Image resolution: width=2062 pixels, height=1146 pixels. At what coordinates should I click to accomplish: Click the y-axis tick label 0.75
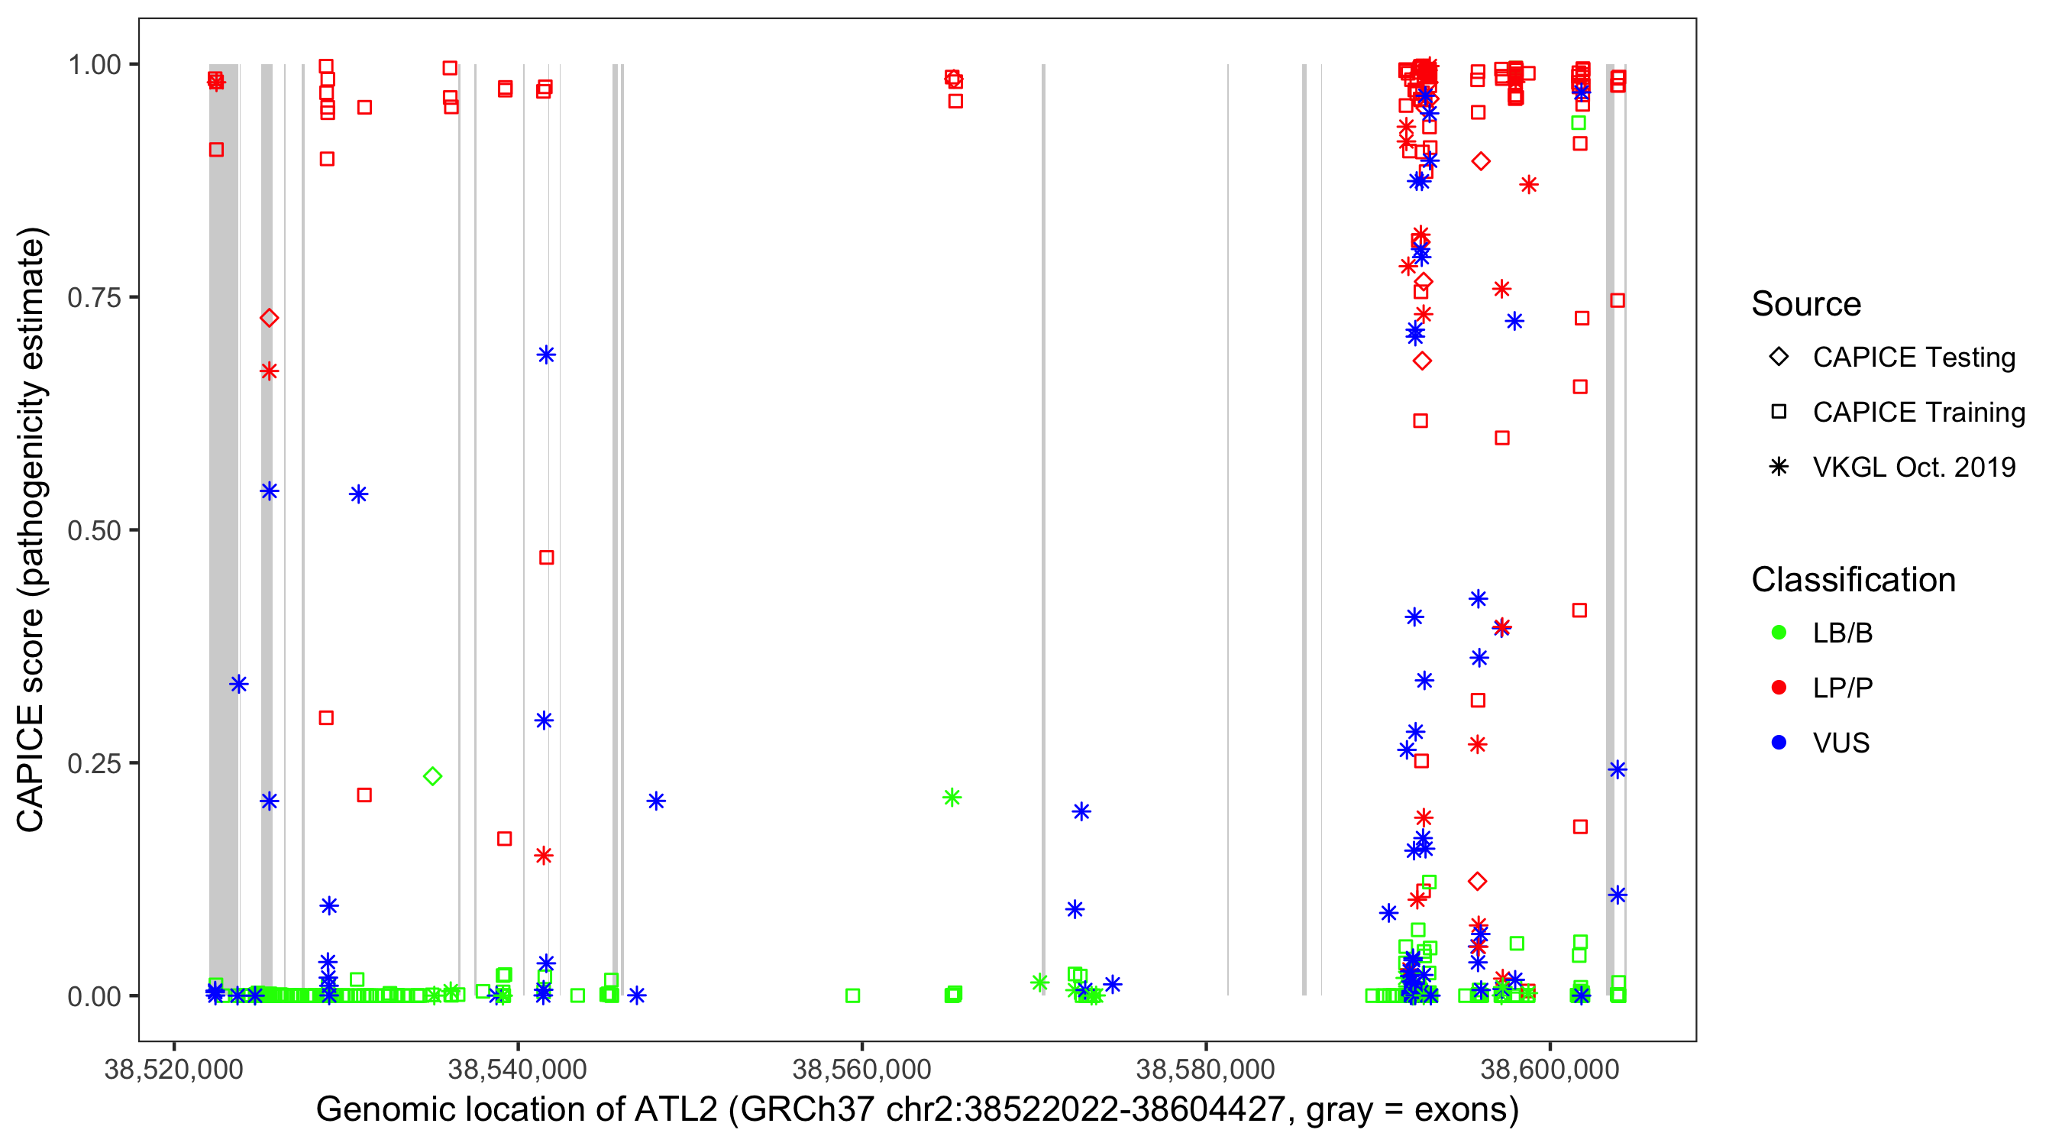[x=93, y=298]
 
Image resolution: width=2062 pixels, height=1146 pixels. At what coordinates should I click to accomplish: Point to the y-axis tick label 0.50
[x=93, y=531]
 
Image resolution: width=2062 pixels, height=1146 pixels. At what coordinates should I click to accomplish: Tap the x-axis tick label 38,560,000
[x=861, y=1068]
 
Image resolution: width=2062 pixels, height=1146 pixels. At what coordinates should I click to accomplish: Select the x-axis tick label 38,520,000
[x=173, y=1068]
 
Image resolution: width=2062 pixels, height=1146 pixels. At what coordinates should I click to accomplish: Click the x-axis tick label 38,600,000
[x=1550, y=1068]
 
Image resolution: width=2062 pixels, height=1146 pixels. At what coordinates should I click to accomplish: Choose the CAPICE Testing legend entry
[x=1913, y=358]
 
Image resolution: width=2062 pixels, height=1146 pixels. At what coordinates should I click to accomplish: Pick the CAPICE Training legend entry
[x=1918, y=413]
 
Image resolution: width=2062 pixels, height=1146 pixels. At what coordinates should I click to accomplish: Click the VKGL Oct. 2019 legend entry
[x=1913, y=468]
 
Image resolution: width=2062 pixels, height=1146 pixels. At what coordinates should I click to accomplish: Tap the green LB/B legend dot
[x=1779, y=633]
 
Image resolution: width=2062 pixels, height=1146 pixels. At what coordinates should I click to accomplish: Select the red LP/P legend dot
[x=1779, y=688]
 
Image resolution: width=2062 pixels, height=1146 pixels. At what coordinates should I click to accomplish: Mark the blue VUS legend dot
[x=1779, y=743]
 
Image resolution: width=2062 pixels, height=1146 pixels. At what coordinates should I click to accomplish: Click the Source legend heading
[x=1806, y=304]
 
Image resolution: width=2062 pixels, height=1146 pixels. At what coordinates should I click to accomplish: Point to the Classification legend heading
[x=1853, y=580]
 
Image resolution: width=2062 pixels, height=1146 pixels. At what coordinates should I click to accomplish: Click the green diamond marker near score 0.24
[x=432, y=776]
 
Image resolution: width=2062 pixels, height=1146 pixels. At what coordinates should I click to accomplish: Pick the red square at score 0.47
[x=546, y=558]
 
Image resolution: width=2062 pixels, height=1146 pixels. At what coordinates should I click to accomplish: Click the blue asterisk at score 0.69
[x=546, y=354]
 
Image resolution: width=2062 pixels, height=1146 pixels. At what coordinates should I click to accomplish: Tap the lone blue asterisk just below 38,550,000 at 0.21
[x=656, y=801]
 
